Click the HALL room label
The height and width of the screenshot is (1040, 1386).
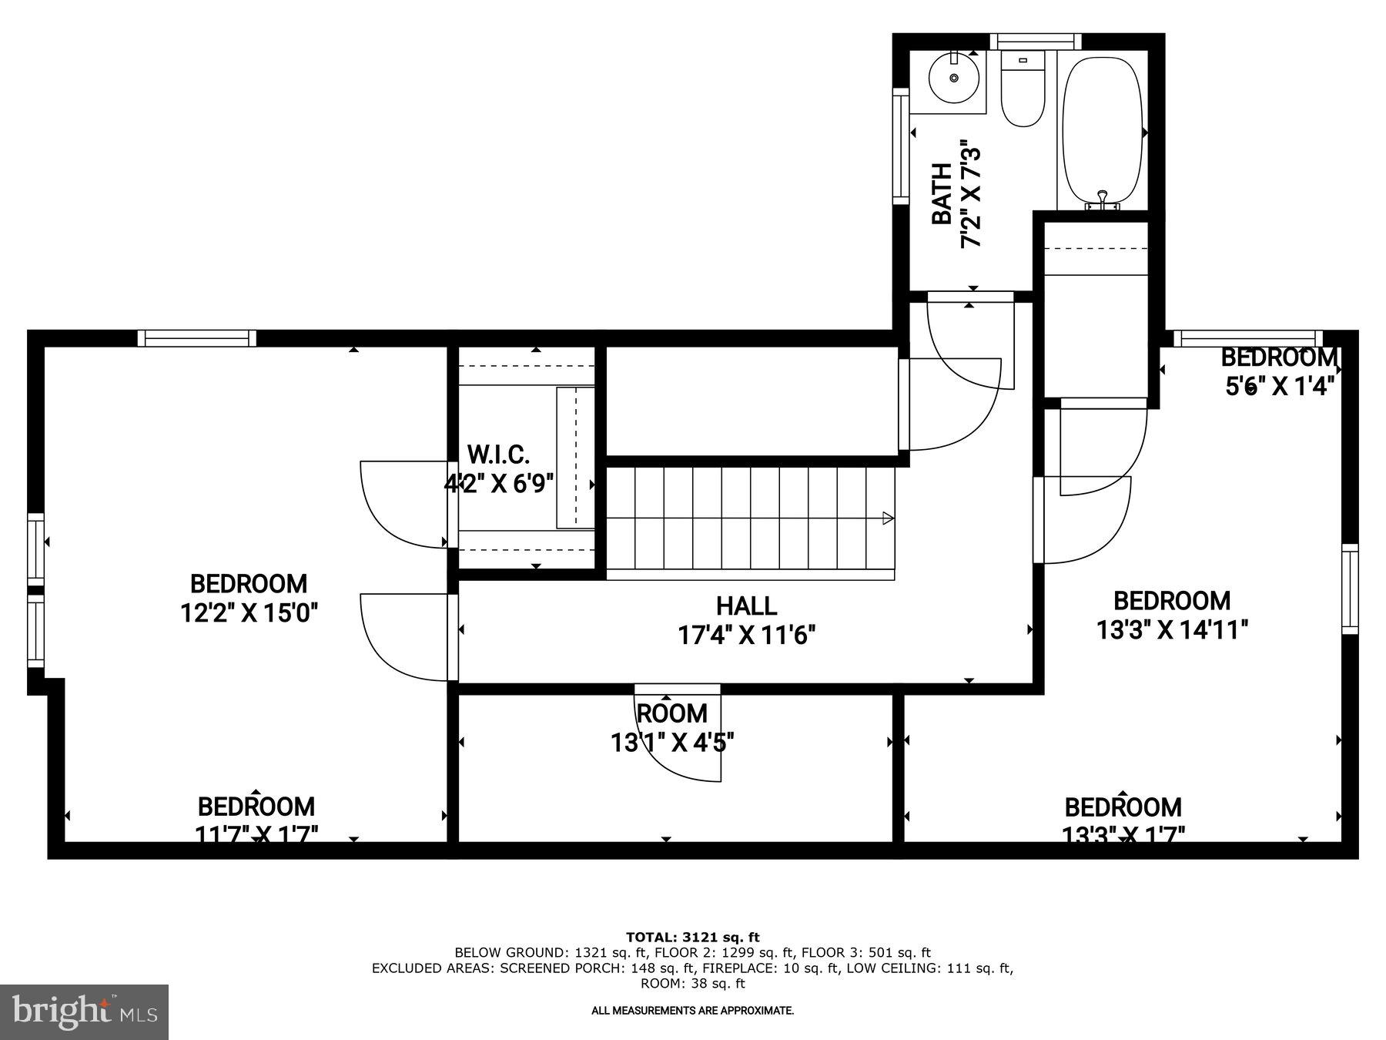746,606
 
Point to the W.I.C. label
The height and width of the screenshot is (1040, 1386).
498,453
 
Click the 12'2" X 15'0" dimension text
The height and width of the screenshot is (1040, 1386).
249,613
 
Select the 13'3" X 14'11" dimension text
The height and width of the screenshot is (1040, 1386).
1171,630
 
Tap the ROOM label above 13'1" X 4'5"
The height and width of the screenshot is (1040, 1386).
671,713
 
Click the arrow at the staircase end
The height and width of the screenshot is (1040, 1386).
887,518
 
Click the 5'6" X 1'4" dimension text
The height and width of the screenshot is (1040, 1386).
1279,386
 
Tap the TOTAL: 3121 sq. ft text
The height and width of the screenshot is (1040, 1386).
692,938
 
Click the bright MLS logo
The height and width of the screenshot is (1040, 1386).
84,1011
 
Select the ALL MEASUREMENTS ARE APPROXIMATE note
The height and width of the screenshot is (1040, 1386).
692,1010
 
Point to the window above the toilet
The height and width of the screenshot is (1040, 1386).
1035,42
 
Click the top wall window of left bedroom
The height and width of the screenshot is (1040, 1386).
197,338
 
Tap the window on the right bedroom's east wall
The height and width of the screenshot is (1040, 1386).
1350,589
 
